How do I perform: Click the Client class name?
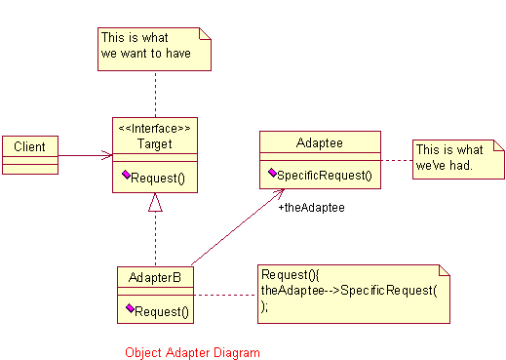point(29,146)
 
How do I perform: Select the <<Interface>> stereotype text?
point(155,129)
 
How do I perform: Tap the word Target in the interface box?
point(155,143)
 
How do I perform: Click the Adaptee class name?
point(320,142)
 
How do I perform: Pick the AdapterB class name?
point(155,277)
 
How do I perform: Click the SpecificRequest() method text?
point(325,176)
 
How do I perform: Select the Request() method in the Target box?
point(158,178)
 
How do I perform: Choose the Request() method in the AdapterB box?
point(162,311)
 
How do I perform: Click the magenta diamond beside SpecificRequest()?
point(272,173)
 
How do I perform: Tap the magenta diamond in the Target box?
point(126,175)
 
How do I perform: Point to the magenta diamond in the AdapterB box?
point(130,308)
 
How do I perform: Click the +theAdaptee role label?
point(311,208)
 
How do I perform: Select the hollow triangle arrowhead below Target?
point(155,202)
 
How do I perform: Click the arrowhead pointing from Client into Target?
point(107,155)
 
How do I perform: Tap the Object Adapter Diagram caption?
point(192,352)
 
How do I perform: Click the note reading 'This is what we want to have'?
point(154,49)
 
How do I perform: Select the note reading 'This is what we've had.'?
point(458,159)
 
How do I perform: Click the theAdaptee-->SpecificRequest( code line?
point(349,290)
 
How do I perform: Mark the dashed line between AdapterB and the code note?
point(225,295)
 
